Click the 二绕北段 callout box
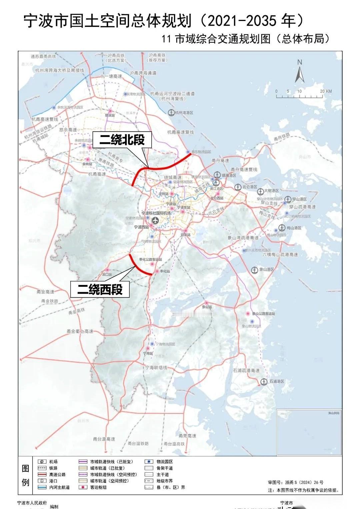[x=122, y=140]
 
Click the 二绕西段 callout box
[x=100, y=289]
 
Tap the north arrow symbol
[x=299, y=72]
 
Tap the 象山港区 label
[x=267, y=269]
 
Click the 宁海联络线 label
[x=156, y=367]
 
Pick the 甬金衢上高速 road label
[x=80, y=331]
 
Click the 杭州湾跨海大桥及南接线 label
[x=60, y=70]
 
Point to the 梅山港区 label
[x=294, y=228]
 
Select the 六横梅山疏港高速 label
[x=280, y=254]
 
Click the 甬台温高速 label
[x=104, y=439]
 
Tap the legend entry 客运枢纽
[x=98, y=487]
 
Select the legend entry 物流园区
[x=165, y=462]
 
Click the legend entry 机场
[x=53, y=462]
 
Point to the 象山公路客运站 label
[x=263, y=314]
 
